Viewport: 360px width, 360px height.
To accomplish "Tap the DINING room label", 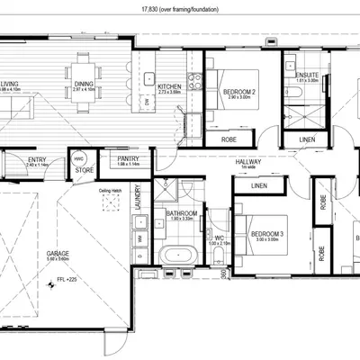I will pos(83,86).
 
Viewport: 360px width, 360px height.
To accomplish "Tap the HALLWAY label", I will pos(247,161).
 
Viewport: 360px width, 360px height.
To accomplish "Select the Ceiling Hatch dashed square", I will pos(110,203).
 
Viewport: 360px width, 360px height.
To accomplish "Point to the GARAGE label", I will pos(58,255).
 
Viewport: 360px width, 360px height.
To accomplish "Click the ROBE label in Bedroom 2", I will pos(229,140).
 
